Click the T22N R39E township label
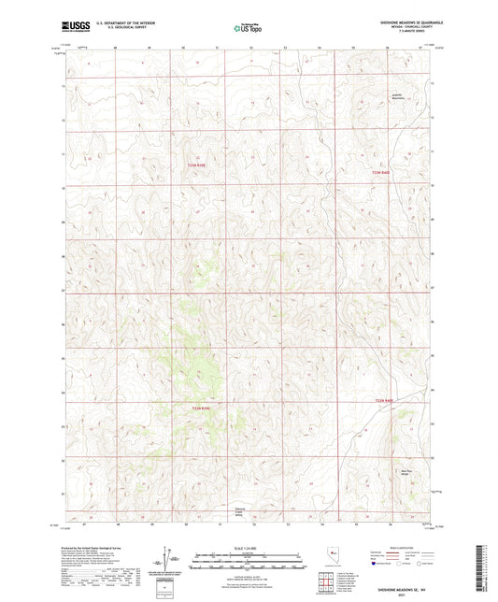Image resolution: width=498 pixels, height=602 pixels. coord(192,166)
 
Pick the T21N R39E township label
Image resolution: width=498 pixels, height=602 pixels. coord(191,408)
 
